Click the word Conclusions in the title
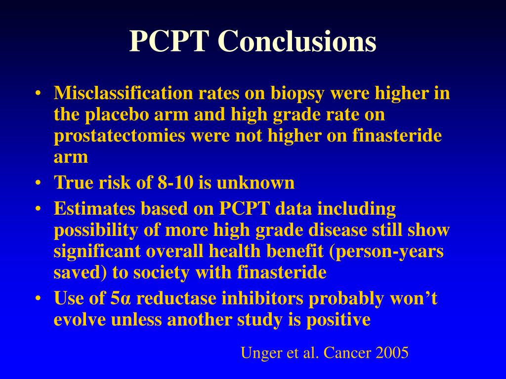297,41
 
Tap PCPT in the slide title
169,41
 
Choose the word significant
97,251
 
